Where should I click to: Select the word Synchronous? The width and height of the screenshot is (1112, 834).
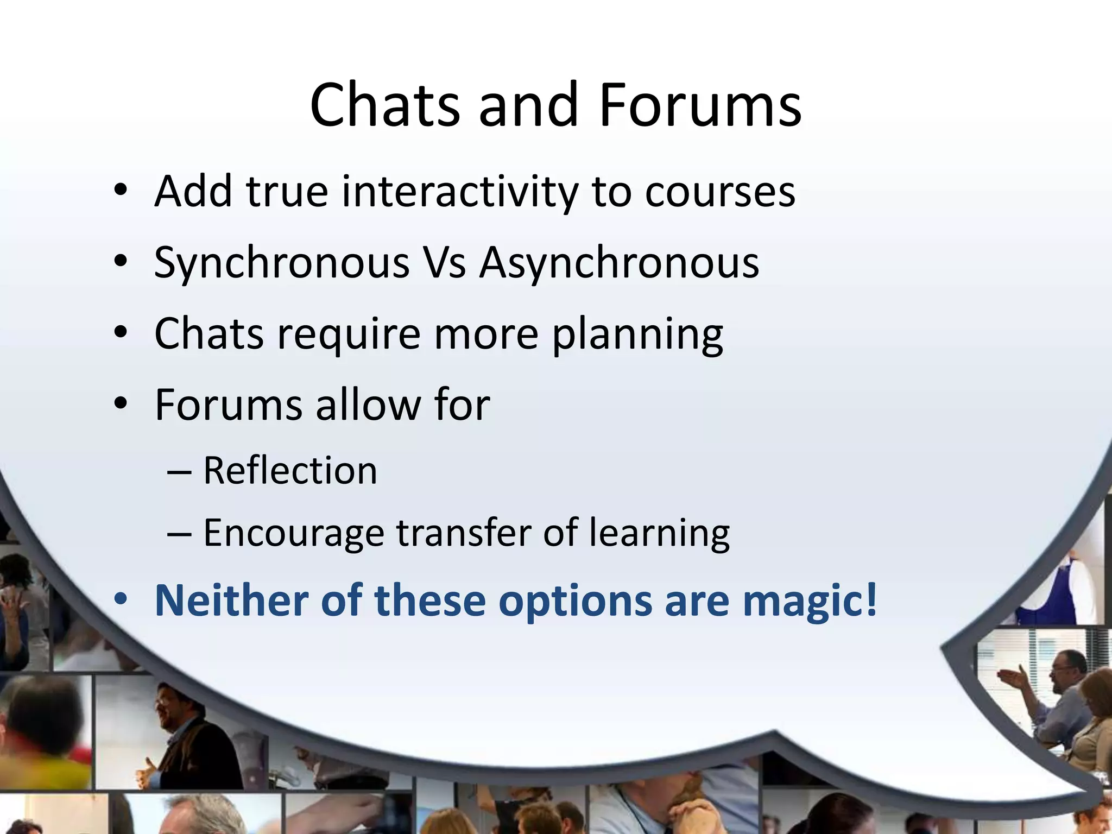tap(282, 263)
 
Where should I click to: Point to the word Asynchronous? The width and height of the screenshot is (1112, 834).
tap(619, 263)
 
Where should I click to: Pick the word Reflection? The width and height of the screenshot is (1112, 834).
tap(290, 470)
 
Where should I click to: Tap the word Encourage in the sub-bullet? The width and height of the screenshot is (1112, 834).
tap(294, 533)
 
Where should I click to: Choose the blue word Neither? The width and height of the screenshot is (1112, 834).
tap(231, 601)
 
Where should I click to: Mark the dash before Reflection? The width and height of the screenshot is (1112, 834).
tap(179, 471)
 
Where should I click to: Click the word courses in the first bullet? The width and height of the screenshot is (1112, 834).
tap(720, 192)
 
